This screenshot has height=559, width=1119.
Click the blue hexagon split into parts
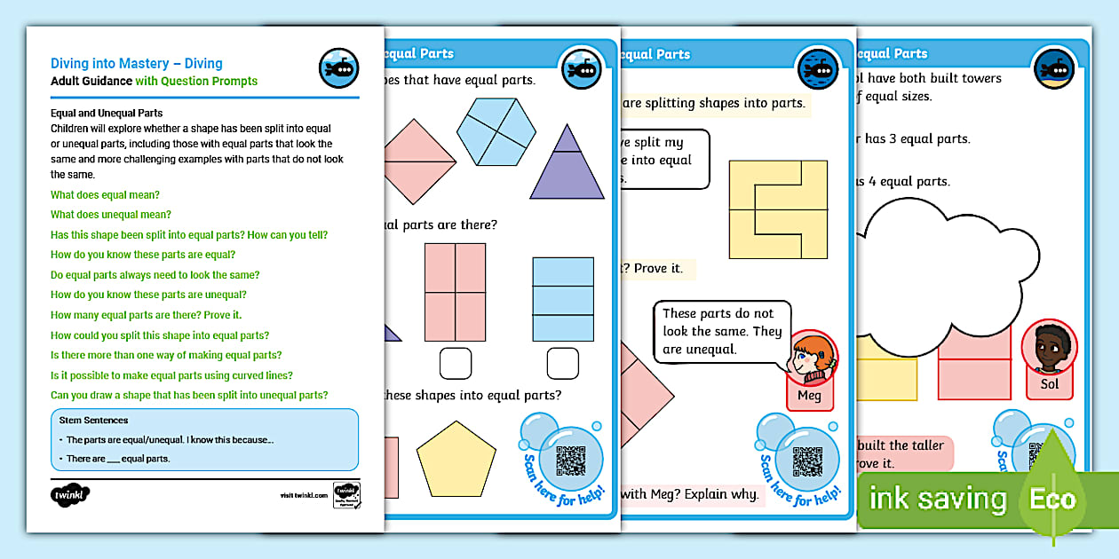point(496,132)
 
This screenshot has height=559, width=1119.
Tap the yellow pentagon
point(456,458)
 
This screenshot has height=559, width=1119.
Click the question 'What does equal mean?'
point(106,195)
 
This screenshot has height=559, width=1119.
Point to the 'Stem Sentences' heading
point(93,420)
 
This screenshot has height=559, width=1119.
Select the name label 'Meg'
point(810,396)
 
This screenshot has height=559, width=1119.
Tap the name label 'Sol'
point(1050,385)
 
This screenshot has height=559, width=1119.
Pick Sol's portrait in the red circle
point(1050,348)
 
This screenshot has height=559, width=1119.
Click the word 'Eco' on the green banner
point(1053,500)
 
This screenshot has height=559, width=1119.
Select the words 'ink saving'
point(938,500)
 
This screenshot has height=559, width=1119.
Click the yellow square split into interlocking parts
point(778,209)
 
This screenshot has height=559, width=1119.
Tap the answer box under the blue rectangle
point(562,363)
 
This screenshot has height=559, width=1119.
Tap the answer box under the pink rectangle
point(456,363)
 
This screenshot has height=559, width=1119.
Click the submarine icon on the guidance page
point(338,68)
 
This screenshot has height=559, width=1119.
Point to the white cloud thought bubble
point(941,266)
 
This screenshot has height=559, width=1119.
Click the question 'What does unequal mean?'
point(111,215)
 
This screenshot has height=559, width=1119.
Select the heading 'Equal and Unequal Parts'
point(107,114)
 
